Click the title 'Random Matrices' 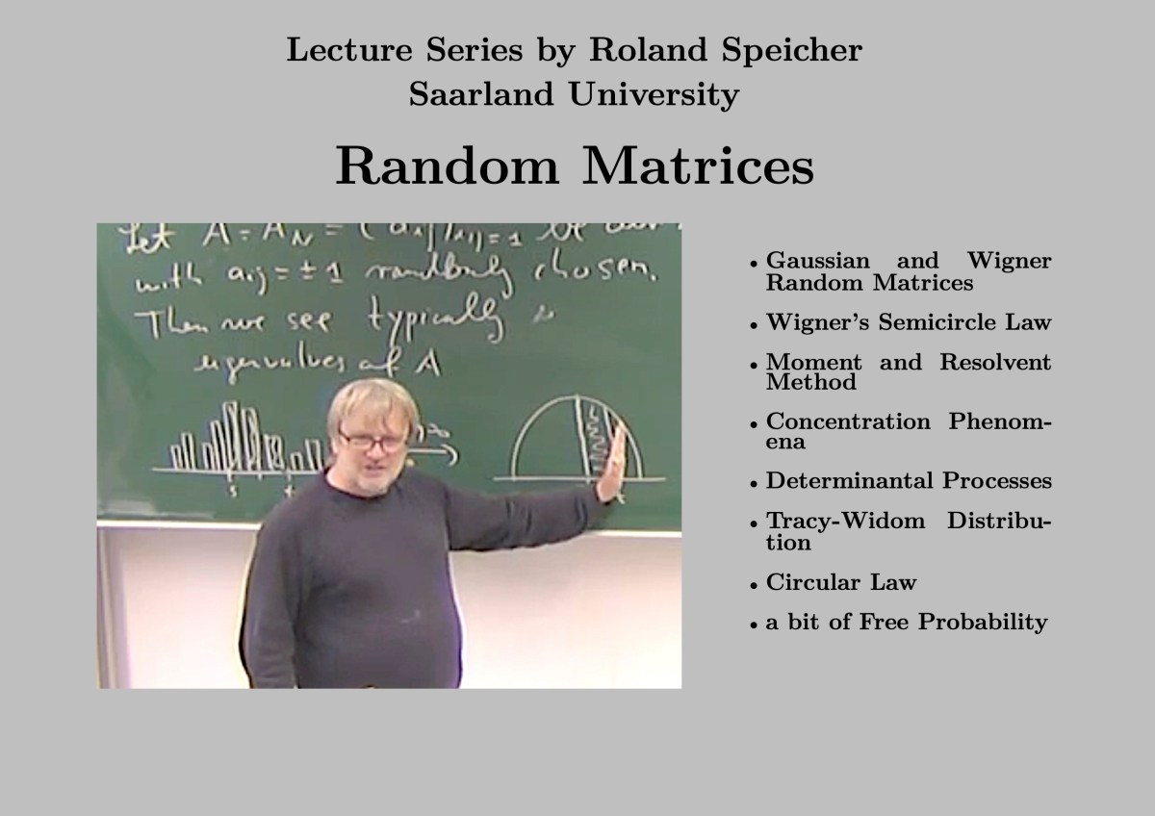tap(575, 166)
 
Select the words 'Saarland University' tap(575, 94)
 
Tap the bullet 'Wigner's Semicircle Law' tap(908, 322)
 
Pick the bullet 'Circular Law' tap(840, 582)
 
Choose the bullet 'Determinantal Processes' tap(908, 480)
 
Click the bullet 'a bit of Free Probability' tap(906, 622)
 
